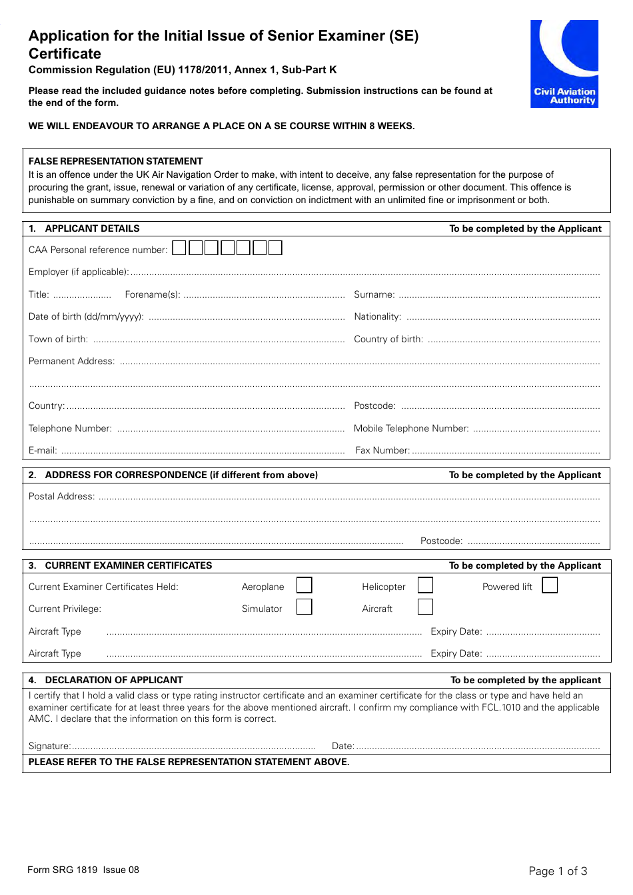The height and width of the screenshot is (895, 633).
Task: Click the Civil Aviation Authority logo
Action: pos(564,64)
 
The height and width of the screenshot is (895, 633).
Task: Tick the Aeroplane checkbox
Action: pos(304,585)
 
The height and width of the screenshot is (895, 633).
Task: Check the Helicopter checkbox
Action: pos(425,585)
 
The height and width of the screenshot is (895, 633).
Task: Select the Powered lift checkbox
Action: pos(550,585)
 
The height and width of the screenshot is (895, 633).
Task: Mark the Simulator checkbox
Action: pos(304,607)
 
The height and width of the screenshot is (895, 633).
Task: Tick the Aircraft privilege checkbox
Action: pos(425,607)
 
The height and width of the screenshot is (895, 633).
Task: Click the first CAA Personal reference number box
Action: pos(179,248)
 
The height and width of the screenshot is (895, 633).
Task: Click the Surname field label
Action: pos(374,294)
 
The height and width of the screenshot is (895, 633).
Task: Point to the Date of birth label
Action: pos(86,317)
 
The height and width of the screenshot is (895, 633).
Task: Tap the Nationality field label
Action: pos(377,317)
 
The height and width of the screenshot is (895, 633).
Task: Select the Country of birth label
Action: pos(388,339)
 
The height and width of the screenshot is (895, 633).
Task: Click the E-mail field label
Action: pos(43,451)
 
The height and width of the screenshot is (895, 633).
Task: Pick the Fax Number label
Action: pos(382,451)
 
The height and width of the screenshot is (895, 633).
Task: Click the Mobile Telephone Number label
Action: pos(411,429)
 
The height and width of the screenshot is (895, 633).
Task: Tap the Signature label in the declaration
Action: pos(49,746)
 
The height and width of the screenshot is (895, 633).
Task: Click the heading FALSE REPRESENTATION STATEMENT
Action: pos(115,161)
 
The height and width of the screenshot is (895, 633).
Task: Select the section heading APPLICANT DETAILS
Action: pos(92,228)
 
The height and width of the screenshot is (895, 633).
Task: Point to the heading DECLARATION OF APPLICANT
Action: pos(113,680)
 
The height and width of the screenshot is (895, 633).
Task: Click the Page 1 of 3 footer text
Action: pos(558,871)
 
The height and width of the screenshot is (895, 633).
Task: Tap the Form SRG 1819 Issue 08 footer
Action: pos(83,870)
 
